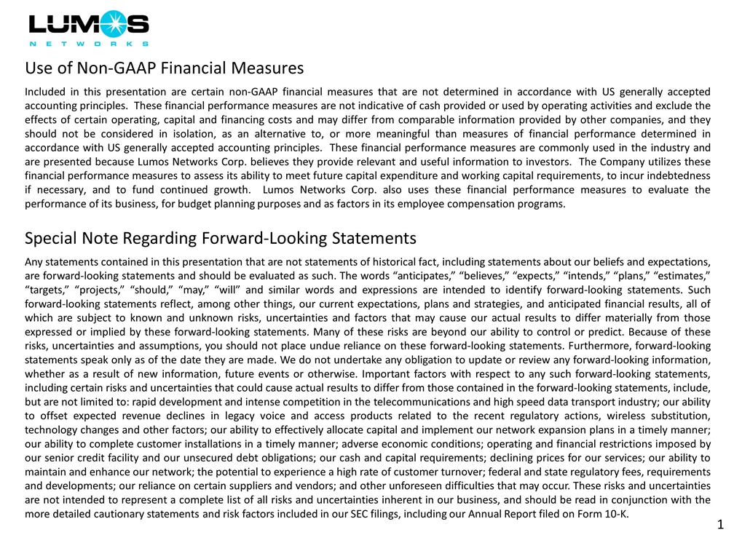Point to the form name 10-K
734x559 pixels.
[x=615, y=514]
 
